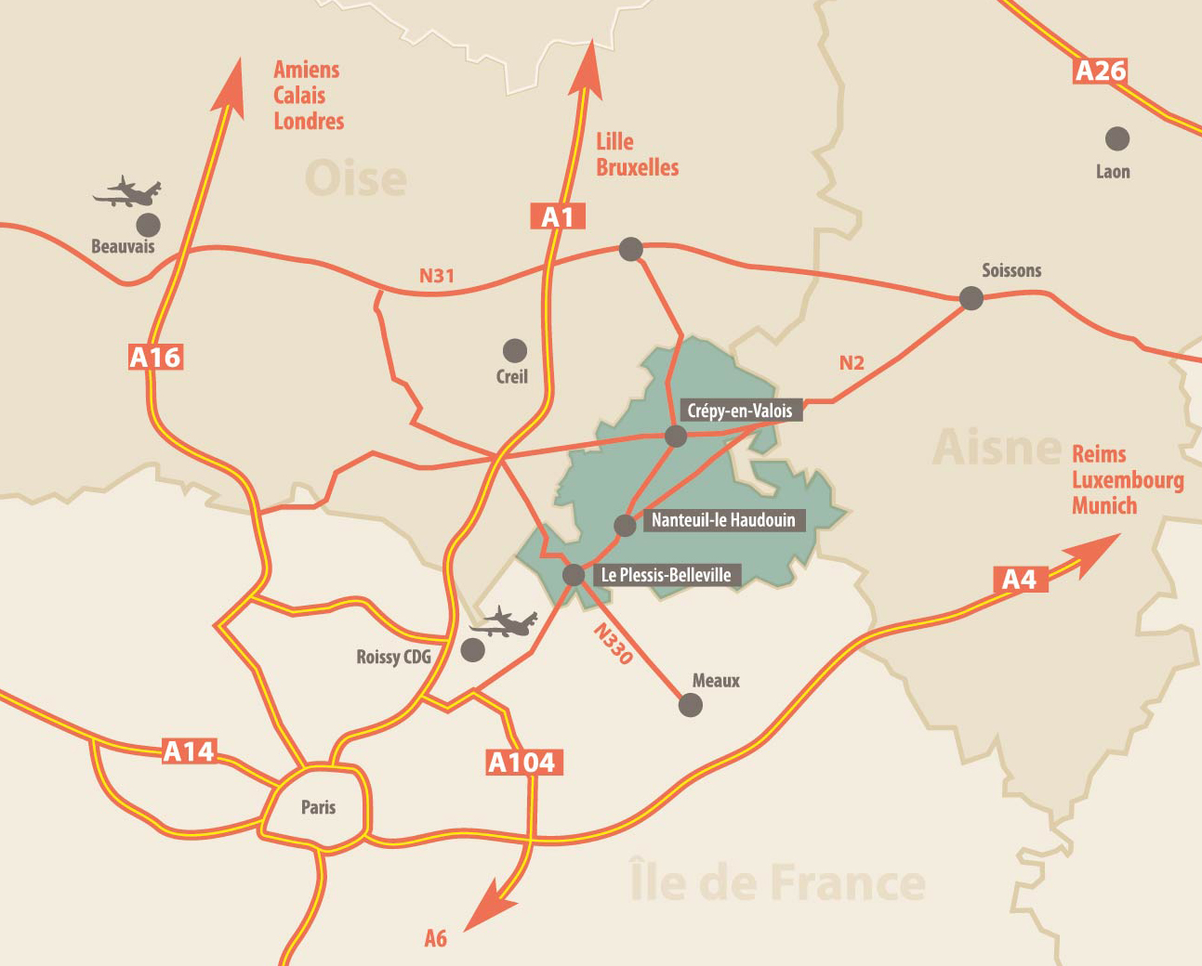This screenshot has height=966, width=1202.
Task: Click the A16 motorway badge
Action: pos(155,357)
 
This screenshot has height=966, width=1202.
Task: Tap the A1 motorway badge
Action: pos(558,216)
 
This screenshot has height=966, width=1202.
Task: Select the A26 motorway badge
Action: pos(1100,71)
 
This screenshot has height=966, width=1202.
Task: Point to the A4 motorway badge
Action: pos(1019,580)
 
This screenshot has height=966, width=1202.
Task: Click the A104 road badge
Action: pos(522,763)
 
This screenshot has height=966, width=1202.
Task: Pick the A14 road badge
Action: pos(189,751)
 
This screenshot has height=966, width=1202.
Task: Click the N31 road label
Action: pos(437,276)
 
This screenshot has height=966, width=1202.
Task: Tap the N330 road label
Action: pos(614,644)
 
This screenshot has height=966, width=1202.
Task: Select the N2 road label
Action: pos(852,363)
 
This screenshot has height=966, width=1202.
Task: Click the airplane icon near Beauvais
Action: pos(128,192)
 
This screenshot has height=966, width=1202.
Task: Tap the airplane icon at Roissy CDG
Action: pos(505,622)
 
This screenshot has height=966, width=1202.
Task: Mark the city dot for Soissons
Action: pos(971,298)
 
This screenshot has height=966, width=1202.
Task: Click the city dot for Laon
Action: pos(1116,139)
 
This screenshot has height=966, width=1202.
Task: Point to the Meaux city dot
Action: pos(691,706)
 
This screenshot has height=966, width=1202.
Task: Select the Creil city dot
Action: pos(514,350)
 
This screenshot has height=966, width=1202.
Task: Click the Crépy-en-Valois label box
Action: pos(740,411)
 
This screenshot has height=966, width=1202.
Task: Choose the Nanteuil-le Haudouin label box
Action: pos(723,520)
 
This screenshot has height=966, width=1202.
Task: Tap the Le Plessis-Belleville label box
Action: pos(666,575)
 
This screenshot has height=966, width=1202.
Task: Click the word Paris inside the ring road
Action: pos(318,807)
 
